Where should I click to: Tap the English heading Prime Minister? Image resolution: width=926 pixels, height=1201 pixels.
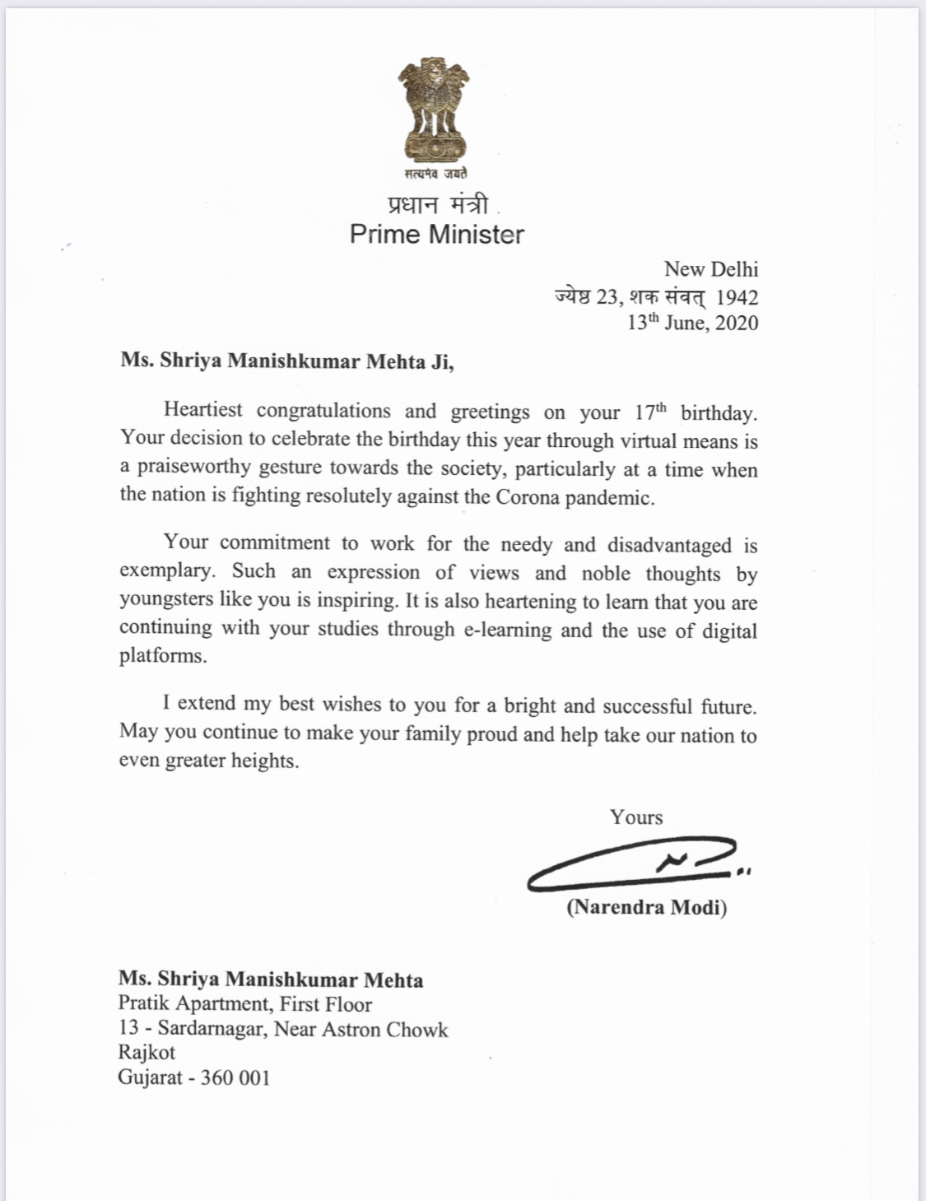[436, 235]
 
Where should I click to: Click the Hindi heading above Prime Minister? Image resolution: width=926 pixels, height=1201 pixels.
[437, 204]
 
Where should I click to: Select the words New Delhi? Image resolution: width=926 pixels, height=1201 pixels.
[711, 269]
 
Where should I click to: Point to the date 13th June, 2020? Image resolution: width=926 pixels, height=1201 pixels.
[692, 323]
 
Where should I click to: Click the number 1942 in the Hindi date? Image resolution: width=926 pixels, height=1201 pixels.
[737, 296]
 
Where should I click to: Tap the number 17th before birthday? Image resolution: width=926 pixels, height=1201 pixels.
[650, 412]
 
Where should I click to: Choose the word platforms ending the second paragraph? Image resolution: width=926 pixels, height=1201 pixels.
[163, 656]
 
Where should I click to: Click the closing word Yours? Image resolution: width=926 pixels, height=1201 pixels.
[636, 817]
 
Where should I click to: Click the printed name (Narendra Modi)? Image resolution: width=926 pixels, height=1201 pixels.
[646, 907]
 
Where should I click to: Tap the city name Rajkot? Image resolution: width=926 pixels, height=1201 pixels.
[147, 1052]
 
